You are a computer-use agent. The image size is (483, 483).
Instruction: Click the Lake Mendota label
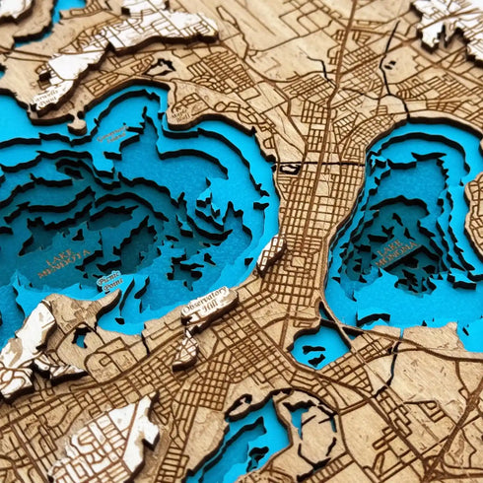tap(64, 263)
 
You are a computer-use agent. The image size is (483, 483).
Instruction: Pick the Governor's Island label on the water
tap(112, 132)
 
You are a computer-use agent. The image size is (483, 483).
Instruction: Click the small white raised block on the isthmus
tap(270, 252)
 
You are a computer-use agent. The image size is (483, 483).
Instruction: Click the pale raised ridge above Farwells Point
tap(128, 30)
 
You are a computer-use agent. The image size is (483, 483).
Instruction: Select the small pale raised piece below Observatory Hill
tap(186, 349)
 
